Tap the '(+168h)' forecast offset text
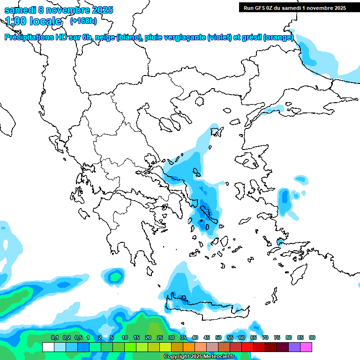[83, 21]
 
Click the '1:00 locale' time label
[33, 21]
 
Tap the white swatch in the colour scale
[48, 347]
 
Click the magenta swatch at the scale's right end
[306, 347]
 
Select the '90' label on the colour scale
[312, 338]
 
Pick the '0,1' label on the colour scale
[54, 338]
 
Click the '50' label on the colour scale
[218, 338]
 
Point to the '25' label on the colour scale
[160, 338]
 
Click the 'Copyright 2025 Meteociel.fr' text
[199, 356]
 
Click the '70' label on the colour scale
[265, 338]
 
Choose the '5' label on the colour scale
[112, 338]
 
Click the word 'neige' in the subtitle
[105, 37]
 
